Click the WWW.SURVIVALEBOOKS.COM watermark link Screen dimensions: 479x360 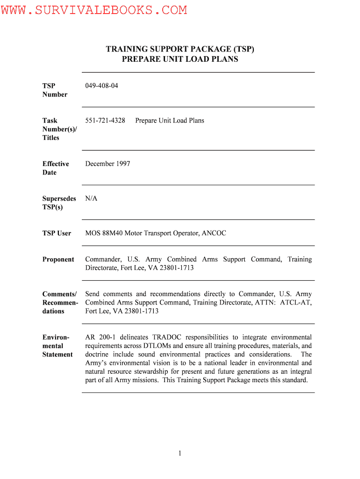tap(94, 10)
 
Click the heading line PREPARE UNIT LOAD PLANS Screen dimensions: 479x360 tap(180, 59)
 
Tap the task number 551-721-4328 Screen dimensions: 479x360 tap(105, 120)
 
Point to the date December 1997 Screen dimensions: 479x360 tap(108, 164)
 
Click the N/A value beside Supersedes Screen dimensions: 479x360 tap(91, 198)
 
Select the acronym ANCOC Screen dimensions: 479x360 tap(214, 233)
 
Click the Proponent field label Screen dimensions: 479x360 tap(58, 259)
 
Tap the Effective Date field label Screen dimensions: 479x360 tap(55, 168)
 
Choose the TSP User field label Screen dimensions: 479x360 tap(57, 233)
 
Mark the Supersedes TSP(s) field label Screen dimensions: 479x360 tap(59, 203)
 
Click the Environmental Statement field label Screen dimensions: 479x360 tap(57, 346)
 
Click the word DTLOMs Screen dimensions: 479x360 tap(155, 346)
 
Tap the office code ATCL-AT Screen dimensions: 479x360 tap(295, 303)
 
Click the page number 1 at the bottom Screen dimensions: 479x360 tap(180, 453)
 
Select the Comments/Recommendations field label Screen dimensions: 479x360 tap(60, 303)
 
